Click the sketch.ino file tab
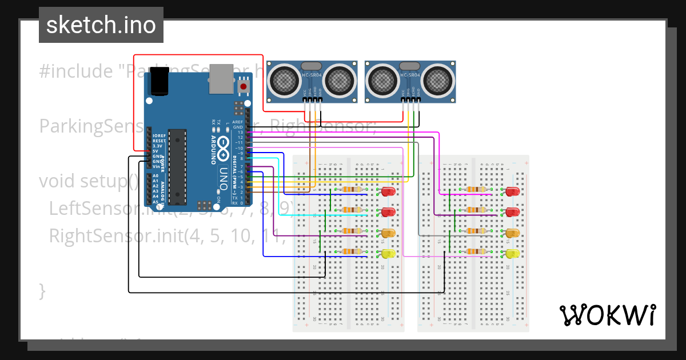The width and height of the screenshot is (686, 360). (101, 25)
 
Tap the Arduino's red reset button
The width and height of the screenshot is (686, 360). (244, 87)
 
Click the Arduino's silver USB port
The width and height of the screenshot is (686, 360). (221, 78)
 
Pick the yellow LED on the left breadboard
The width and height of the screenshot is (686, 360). (388, 254)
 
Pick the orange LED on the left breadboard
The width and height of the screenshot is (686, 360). (388, 233)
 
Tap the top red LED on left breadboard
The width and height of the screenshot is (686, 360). (388, 191)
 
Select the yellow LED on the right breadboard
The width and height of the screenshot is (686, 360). (512, 254)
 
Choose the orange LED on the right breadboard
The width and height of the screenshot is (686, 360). (512, 233)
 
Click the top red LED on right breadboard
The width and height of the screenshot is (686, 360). (512, 191)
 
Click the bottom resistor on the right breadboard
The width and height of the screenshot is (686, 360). (475, 251)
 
